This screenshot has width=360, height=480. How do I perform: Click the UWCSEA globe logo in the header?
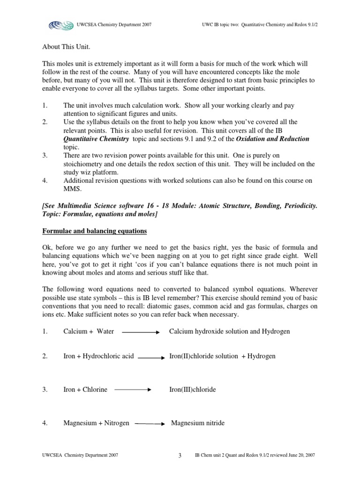tap(61, 24)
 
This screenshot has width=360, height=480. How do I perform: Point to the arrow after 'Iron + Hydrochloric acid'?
tap(151, 357)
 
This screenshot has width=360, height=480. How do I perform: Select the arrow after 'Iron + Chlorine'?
tap(133, 390)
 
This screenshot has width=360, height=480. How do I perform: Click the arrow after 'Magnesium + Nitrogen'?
tap(150, 424)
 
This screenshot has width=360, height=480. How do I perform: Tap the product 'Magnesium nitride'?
tap(197, 423)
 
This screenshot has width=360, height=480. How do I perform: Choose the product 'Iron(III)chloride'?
tap(192, 390)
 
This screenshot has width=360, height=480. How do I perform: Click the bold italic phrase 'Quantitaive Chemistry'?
tap(96, 139)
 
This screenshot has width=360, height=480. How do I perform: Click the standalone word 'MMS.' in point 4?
tap(72, 189)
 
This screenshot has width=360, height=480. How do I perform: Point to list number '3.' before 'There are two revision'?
tap(45, 156)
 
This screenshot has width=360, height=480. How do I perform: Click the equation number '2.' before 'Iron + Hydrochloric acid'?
tap(45, 356)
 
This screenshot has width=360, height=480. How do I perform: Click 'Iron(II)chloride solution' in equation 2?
tap(203, 356)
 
